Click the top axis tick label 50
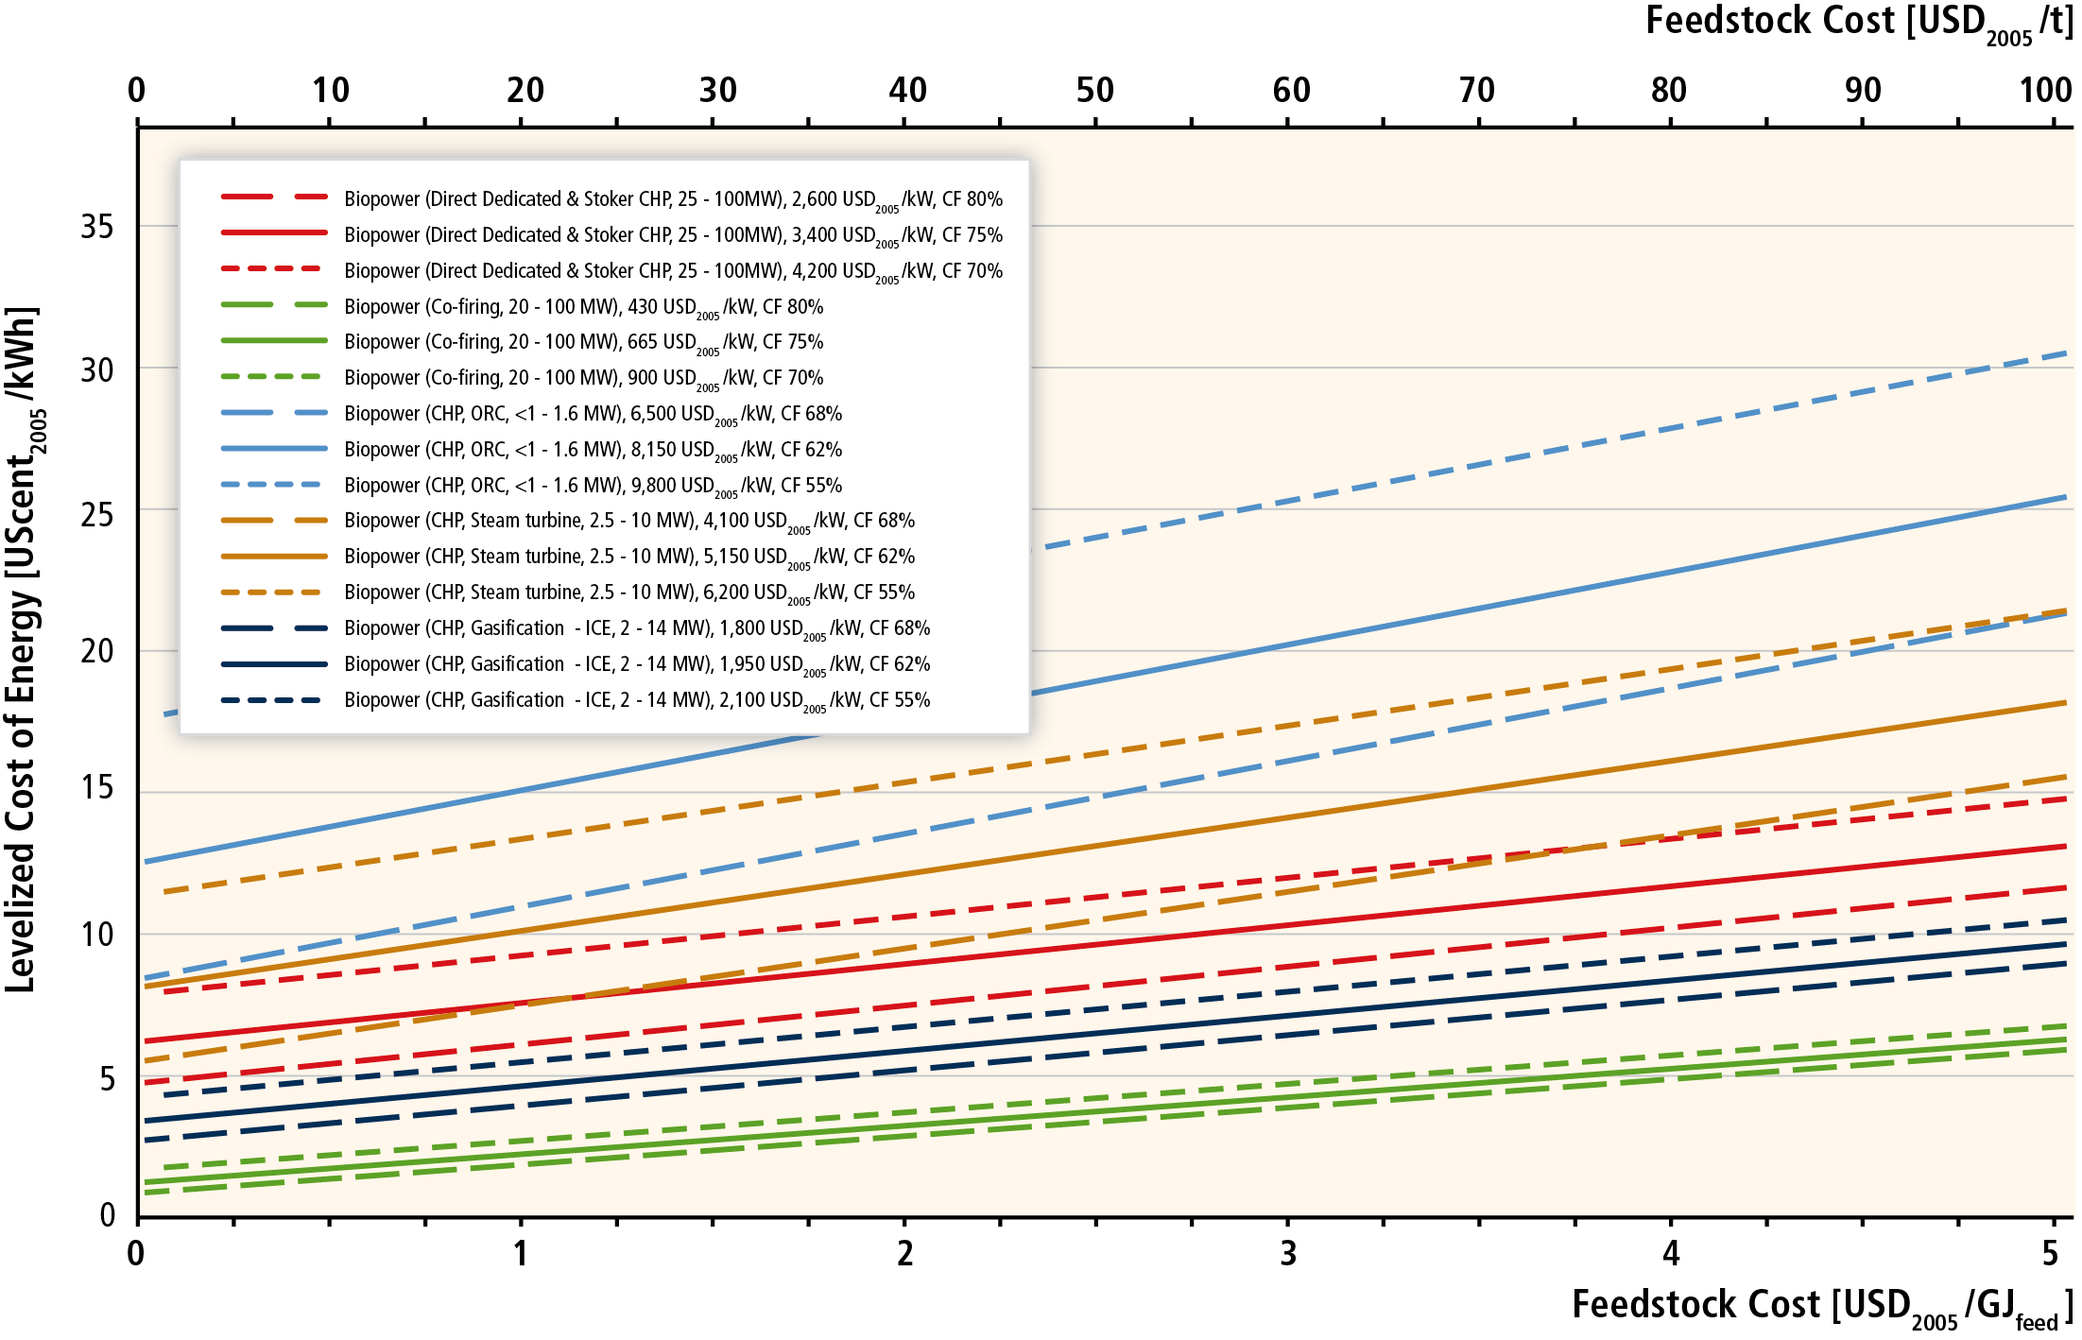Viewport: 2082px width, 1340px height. (x=1095, y=91)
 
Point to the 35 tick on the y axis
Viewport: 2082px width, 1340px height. (x=96, y=227)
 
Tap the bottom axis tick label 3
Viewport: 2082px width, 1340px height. (x=1288, y=1254)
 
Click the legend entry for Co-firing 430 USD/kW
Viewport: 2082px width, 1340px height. (x=583, y=306)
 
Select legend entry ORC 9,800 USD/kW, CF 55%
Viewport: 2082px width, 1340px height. (x=593, y=486)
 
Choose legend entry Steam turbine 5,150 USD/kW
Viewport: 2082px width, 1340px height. (x=628, y=557)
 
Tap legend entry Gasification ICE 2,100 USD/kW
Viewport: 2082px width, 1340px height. (x=637, y=700)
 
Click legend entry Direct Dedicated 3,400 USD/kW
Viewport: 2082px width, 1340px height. (x=673, y=235)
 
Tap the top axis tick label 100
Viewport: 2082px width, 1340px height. (x=2045, y=91)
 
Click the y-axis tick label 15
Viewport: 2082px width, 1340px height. (x=96, y=788)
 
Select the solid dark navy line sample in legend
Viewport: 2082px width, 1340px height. (x=274, y=664)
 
